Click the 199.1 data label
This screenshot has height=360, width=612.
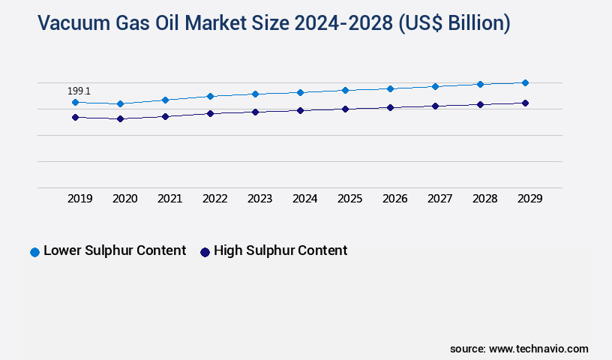click(x=79, y=91)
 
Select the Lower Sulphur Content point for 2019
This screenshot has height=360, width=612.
click(x=75, y=102)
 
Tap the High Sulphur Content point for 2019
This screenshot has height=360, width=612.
click(x=75, y=117)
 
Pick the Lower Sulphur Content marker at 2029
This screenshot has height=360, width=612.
click(x=525, y=82)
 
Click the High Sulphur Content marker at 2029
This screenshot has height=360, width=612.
click(x=525, y=103)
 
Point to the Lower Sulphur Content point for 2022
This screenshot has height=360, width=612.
click(x=210, y=96)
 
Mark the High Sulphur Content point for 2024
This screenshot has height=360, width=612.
click(x=300, y=110)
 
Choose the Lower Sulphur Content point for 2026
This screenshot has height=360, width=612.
click(x=390, y=88)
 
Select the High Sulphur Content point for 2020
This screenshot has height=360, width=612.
click(x=120, y=118)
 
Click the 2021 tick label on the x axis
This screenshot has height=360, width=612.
click(x=169, y=199)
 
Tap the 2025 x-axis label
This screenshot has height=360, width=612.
click(x=349, y=199)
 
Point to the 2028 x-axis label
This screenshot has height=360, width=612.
click(x=484, y=199)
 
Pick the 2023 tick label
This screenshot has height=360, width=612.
click(x=259, y=199)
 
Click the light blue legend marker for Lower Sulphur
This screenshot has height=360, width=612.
click(x=34, y=252)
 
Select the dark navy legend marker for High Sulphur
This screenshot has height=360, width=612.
click(x=205, y=252)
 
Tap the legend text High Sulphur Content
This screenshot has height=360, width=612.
click(x=280, y=250)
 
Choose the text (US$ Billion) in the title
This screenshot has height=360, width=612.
click(x=454, y=23)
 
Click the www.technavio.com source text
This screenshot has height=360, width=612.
click(x=538, y=349)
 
